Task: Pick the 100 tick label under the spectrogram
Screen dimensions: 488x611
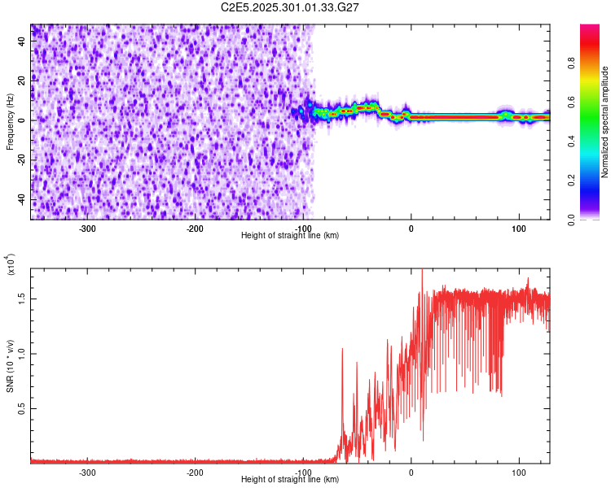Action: pos(518,228)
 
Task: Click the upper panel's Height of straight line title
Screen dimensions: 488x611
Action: pos(290,235)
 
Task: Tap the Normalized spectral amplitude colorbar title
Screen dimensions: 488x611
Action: pos(605,122)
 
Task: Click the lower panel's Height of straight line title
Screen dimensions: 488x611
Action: pos(290,480)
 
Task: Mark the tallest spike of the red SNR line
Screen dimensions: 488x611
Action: pos(422,272)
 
